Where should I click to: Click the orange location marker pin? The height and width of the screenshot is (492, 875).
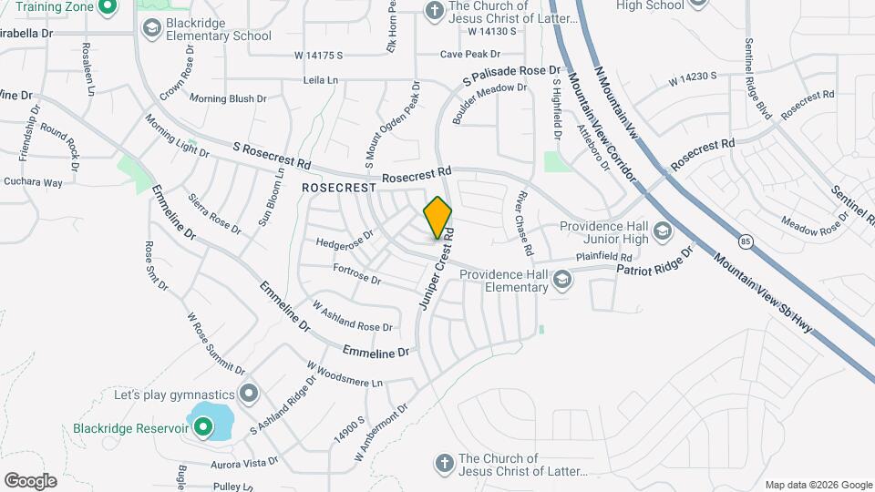438,217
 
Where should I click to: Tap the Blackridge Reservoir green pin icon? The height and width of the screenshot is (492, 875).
200,425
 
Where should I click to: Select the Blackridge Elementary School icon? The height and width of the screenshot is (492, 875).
152,29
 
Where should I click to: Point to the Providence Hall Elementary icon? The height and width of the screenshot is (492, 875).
562,281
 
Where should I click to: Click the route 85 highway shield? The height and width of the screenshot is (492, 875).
746,241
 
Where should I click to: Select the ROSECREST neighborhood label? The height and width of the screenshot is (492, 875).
339,186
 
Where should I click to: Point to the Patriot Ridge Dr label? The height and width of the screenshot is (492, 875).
654,261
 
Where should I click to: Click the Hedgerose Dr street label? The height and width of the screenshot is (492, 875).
345,239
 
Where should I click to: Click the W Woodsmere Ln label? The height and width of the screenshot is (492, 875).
345,374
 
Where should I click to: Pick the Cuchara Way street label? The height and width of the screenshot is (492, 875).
33,182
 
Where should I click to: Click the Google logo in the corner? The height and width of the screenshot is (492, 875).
29,481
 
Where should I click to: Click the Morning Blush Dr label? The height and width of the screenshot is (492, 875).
228,98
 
